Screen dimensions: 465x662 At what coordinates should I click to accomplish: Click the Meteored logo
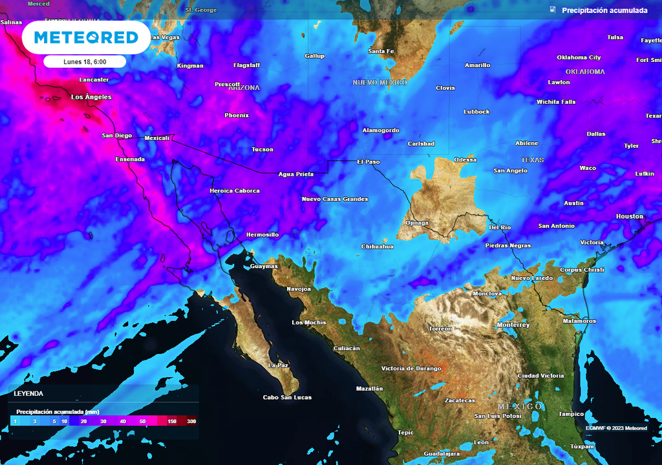86,37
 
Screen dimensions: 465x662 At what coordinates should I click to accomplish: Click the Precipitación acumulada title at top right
604,10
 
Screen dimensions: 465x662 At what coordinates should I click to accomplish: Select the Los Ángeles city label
91,97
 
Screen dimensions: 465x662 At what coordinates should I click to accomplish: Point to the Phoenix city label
237,115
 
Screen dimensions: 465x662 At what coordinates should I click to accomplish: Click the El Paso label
368,161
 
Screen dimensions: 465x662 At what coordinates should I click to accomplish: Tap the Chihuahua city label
377,246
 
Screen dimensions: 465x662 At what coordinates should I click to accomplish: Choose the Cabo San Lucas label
287,397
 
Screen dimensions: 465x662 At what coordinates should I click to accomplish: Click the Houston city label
630,216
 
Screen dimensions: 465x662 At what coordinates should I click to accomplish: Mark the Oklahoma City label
579,57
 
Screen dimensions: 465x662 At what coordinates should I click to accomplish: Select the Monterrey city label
513,325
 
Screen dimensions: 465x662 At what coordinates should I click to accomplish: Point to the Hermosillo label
262,234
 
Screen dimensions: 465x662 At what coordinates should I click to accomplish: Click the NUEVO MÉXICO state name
379,83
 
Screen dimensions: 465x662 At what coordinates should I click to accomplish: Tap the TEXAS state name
533,160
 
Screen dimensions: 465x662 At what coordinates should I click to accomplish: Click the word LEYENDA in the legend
29,393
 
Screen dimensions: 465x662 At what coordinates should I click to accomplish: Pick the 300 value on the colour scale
191,421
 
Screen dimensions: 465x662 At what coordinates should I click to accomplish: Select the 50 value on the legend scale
143,421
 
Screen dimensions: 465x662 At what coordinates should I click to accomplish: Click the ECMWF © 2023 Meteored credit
616,428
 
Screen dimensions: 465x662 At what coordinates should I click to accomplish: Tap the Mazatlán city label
370,389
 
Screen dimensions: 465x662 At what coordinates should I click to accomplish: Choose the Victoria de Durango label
411,368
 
